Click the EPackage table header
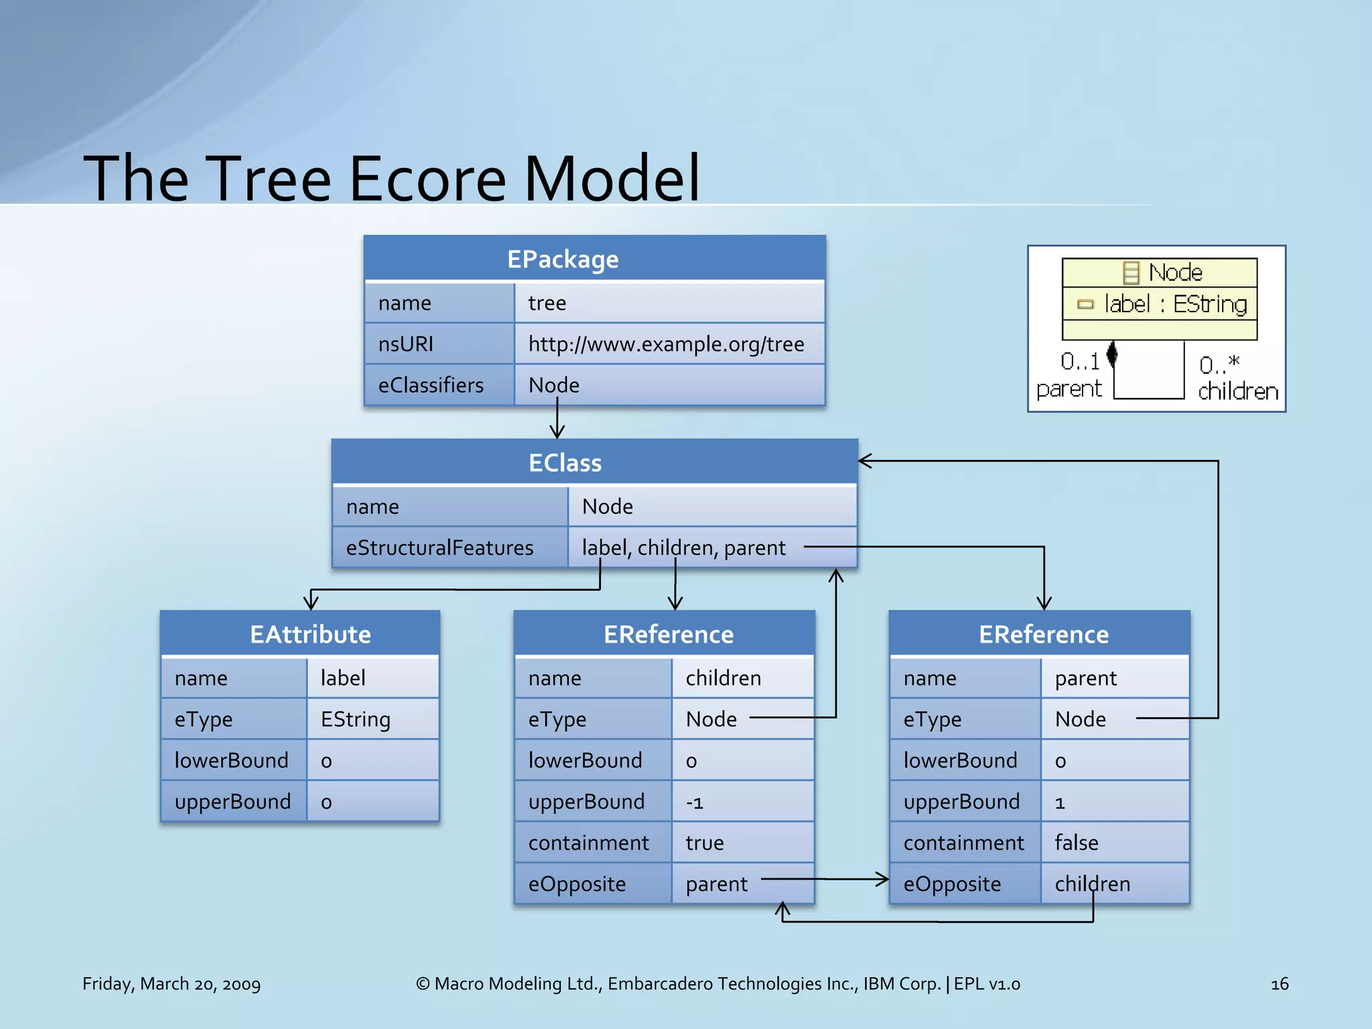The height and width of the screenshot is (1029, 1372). tap(595, 259)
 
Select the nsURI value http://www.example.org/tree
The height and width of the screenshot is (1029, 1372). tap(666, 344)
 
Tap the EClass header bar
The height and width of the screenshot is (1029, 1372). tap(595, 462)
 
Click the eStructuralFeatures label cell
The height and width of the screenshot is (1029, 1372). tap(439, 547)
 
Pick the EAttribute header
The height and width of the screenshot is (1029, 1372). tap(310, 634)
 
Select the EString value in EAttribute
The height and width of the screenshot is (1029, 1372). tap(355, 719)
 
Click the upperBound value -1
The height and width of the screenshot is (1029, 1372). tap(694, 801)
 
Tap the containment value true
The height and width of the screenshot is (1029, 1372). tap(704, 842)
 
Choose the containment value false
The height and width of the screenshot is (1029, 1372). tap(1076, 842)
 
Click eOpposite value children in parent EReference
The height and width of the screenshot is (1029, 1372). tap(1092, 884)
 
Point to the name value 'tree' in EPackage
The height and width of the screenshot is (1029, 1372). tap(547, 303)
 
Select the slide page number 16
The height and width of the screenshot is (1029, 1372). tap(1279, 983)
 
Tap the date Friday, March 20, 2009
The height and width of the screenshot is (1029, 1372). tap(171, 983)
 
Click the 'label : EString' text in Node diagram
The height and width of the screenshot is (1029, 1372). tap(1175, 304)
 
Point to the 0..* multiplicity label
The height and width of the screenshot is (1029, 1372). tap(1219, 365)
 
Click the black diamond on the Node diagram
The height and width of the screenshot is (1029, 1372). tap(1112, 353)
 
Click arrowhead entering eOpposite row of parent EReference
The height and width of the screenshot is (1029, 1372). tap(883, 879)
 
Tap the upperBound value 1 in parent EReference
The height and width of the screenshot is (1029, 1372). tap(1060, 802)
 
